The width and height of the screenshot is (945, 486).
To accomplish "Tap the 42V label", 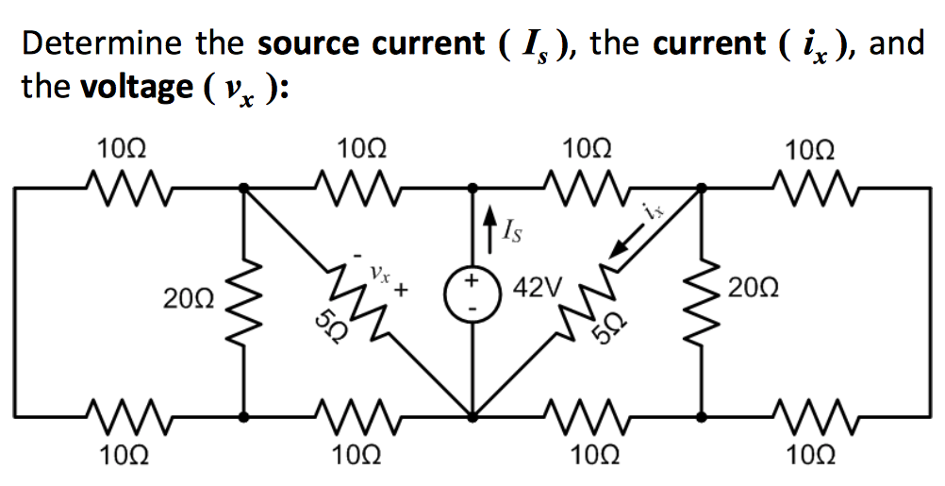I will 540,286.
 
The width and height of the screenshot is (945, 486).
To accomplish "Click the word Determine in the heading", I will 103,44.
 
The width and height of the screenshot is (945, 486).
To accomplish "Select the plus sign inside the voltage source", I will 472,282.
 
